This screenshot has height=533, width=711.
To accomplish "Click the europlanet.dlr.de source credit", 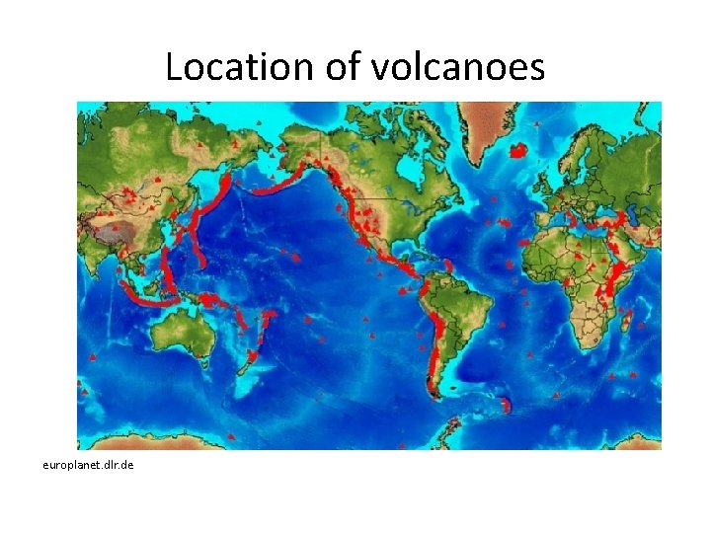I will (x=88, y=463).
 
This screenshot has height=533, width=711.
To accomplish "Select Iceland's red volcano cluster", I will (x=517, y=151).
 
